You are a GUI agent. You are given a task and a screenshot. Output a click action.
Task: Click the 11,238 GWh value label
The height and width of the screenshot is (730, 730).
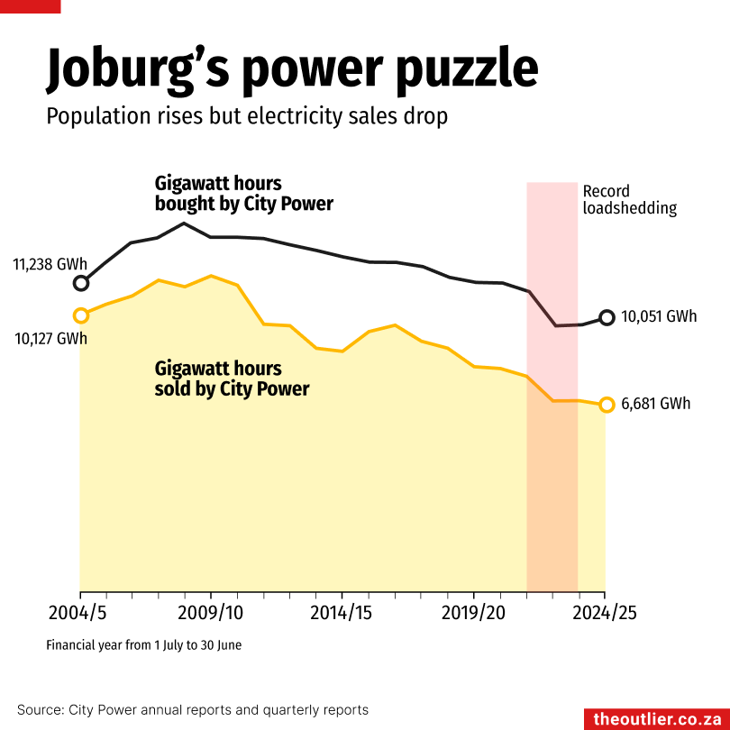click(x=50, y=265)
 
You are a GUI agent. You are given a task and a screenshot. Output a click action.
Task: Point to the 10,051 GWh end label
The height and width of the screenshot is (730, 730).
click(x=659, y=317)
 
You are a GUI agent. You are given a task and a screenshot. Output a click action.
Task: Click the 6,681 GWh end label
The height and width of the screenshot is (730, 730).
click(x=655, y=404)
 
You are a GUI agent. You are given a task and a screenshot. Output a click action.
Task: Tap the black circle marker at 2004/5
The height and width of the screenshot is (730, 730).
click(x=81, y=283)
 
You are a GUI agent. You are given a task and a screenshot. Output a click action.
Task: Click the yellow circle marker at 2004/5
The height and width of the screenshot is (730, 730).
click(x=81, y=315)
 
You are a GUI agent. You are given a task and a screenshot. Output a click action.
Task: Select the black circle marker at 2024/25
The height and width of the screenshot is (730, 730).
click(x=607, y=317)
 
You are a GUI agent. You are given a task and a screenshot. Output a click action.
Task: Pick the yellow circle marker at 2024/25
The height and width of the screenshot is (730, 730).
click(x=607, y=405)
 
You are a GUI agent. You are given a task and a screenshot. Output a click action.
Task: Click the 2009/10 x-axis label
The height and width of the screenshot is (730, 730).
click(x=211, y=613)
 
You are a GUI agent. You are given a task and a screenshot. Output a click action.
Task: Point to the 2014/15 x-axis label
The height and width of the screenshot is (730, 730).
click(x=342, y=613)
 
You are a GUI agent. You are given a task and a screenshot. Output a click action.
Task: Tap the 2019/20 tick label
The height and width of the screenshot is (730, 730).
click(x=473, y=613)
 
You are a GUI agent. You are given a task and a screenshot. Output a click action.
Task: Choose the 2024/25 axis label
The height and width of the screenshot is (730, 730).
click(x=604, y=613)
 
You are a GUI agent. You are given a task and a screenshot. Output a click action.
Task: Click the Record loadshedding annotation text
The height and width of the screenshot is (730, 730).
click(x=629, y=199)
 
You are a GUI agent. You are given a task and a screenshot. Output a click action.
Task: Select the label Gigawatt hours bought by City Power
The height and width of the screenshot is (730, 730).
click(x=243, y=194)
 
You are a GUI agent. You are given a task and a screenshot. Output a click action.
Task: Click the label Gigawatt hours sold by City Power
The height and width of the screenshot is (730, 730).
click(x=232, y=379)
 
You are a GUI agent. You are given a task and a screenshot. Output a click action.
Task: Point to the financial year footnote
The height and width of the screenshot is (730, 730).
click(x=143, y=645)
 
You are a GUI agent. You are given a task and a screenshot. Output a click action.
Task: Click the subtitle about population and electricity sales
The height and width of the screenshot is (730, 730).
click(x=247, y=117)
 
